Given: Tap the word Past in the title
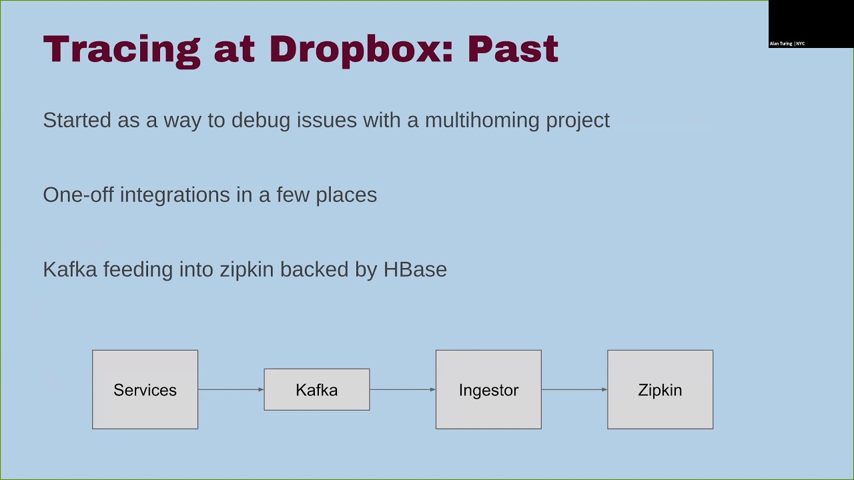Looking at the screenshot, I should click(512, 49).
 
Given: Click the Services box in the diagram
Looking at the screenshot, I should click(145, 389).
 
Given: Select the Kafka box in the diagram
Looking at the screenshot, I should click(316, 389).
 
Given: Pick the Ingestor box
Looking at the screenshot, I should click(488, 389).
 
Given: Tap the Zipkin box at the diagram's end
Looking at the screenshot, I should click(660, 389).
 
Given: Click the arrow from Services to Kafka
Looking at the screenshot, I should click(231, 389).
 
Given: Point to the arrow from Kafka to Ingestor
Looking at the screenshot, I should click(402, 389).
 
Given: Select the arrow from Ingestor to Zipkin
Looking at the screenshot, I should click(574, 389).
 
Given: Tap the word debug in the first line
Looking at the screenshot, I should click(261, 121).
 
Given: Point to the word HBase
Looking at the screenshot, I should click(415, 269).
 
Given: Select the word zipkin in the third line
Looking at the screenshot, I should click(247, 269).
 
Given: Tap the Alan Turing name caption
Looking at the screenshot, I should click(781, 44).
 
